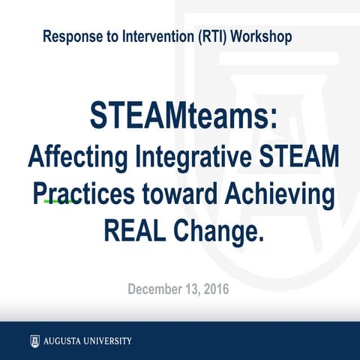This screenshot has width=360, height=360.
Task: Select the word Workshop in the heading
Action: click(x=262, y=36)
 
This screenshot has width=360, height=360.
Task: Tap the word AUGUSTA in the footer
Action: click(x=63, y=341)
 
